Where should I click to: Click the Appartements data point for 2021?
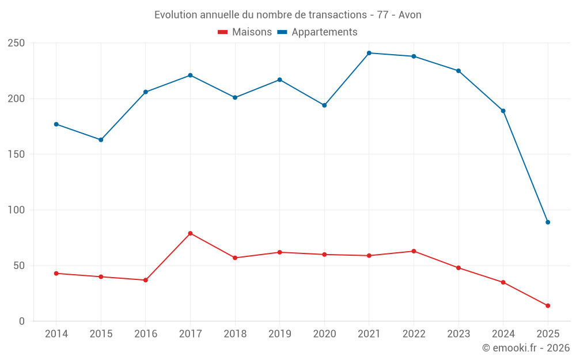pyautogui.click(x=369, y=53)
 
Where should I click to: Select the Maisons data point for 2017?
pyautogui.click(x=190, y=233)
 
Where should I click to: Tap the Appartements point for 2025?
pyautogui.click(x=548, y=222)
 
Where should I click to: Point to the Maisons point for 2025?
pyautogui.click(x=548, y=306)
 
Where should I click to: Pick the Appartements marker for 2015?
pyautogui.click(x=101, y=140)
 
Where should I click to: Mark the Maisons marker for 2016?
pyautogui.click(x=146, y=280)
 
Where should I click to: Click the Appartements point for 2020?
pyautogui.click(x=324, y=105)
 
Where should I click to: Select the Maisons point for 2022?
pyautogui.click(x=414, y=251)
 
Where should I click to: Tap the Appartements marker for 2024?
pyautogui.click(x=503, y=111)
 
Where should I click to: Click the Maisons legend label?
pyautogui.click(x=252, y=32)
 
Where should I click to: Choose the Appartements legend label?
pyautogui.click(x=324, y=32)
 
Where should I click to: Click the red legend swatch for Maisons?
pyautogui.click(x=223, y=32)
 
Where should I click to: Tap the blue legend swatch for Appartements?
pyautogui.click(x=282, y=32)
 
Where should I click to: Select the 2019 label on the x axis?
pyautogui.click(x=279, y=334)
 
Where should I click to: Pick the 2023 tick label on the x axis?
pyautogui.click(x=458, y=334)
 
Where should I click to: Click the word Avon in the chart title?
pyautogui.click(x=410, y=15)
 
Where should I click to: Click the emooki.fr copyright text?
pyautogui.click(x=526, y=348)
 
